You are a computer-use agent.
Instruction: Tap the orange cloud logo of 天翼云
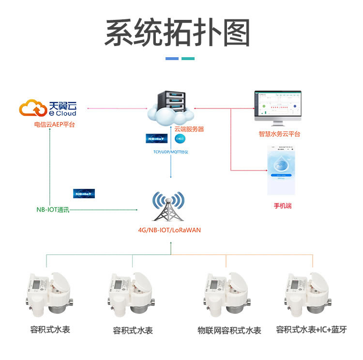(x=33, y=108)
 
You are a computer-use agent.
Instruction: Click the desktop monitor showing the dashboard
(x=278, y=107)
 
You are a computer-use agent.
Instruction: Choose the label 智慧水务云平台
(x=279, y=134)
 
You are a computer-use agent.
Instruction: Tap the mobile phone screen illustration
(x=282, y=169)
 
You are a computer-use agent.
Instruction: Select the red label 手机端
(x=282, y=205)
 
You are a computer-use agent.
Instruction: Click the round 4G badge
(x=180, y=139)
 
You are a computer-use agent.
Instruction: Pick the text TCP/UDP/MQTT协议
(x=170, y=152)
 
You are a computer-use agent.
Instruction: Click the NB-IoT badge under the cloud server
(x=156, y=139)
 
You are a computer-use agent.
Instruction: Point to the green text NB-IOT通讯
(x=53, y=210)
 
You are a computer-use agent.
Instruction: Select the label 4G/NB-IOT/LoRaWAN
(x=169, y=230)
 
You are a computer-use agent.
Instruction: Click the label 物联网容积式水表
(x=229, y=330)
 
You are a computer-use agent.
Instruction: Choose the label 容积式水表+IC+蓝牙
(x=311, y=330)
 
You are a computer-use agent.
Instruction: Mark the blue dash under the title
(x=172, y=59)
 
